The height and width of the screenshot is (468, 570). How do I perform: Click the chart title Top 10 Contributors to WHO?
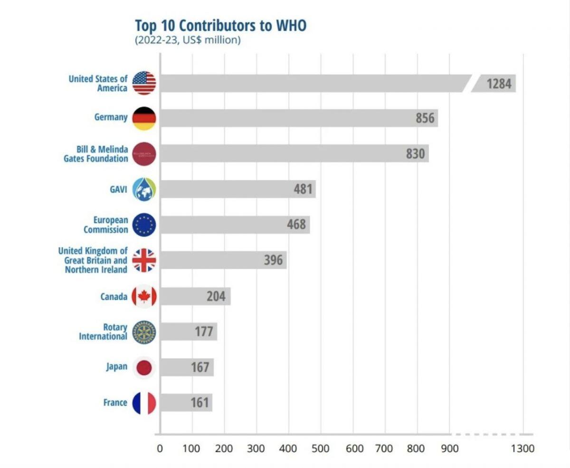click(x=220, y=25)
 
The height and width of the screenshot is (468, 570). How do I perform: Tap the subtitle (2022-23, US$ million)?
click(x=188, y=40)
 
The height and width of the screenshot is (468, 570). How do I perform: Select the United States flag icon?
click(x=144, y=83)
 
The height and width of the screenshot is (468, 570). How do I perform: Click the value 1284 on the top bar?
click(x=498, y=84)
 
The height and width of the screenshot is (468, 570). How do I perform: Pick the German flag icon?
click(x=144, y=118)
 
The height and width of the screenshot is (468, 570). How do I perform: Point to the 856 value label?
click(x=425, y=118)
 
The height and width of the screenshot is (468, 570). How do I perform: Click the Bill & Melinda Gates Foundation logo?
click(x=144, y=154)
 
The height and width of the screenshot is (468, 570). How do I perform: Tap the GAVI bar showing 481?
click(x=237, y=190)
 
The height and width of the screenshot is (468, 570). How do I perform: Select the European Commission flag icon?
click(x=144, y=225)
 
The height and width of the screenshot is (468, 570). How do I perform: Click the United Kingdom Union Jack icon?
click(x=144, y=260)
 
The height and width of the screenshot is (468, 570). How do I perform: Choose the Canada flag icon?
click(x=144, y=296)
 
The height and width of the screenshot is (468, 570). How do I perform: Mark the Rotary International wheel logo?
click(x=144, y=332)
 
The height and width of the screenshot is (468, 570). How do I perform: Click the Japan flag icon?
click(x=144, y=367)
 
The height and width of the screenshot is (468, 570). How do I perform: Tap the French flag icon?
click(x=144, y=403)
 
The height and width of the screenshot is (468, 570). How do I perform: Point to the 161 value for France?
click(x=199, y=403)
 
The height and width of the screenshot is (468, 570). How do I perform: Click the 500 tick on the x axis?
click(x=321, y=449)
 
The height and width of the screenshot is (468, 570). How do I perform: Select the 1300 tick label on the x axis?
click(x=522, y=449)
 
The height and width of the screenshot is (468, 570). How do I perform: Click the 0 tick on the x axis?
click(x=160, y=449)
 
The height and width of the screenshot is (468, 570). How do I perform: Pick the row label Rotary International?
click(x=103, y=332)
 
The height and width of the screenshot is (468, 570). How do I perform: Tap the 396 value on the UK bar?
click(x=273, y=260)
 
